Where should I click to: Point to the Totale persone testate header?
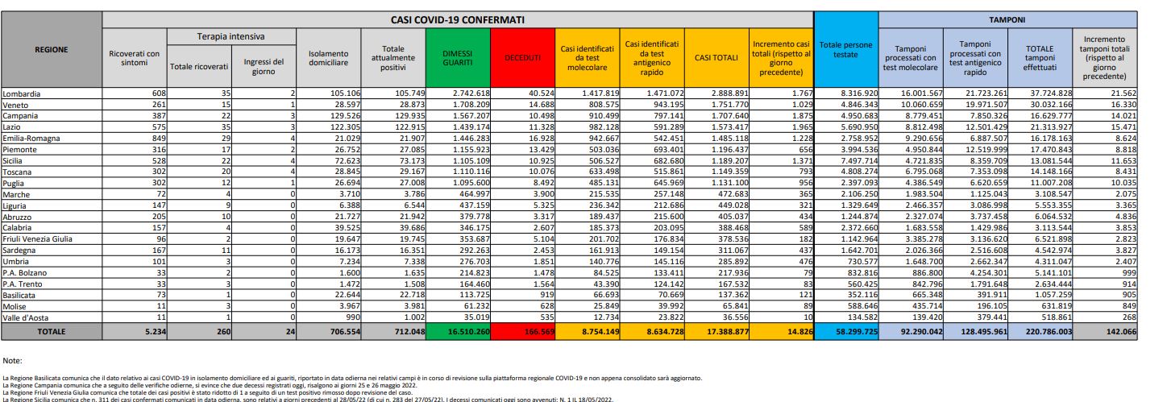[x=845, y=49]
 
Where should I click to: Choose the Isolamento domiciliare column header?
[x=328, y=57]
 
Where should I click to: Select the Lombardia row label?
[x=23, y=94]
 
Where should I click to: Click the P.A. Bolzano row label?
[x=25, y=273]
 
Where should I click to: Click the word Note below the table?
[x=12, y=360]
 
